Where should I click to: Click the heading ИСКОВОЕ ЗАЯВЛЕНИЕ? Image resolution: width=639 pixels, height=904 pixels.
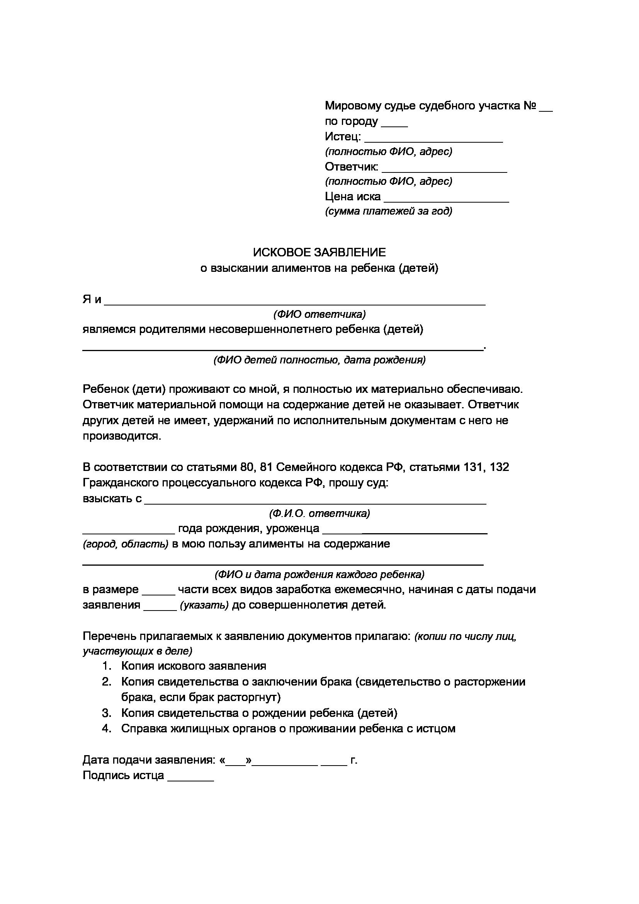click(x=319, y=252)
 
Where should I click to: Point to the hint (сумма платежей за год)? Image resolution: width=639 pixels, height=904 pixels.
click(x=388, y=212)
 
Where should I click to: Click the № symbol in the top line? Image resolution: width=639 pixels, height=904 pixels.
click(x=530, y=106)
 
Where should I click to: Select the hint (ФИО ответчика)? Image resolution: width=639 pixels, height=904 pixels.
click(x=319, y=314)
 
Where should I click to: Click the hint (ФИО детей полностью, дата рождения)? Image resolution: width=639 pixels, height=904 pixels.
click(x=319, y=360)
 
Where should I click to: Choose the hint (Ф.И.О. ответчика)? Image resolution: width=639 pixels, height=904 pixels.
click(x=319, y=513)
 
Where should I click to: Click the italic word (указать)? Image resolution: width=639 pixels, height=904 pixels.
click(x=204, y=605)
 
